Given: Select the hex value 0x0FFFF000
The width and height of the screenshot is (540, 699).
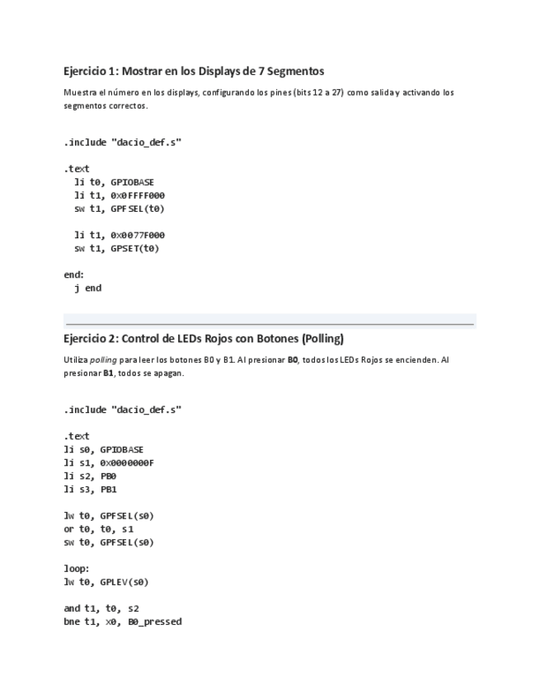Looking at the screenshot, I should point(138,195).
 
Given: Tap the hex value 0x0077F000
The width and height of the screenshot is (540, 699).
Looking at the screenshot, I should point(138,235).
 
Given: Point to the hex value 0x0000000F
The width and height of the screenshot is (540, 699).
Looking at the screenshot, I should point(127,462).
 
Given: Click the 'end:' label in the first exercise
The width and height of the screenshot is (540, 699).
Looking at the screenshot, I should point(73,275).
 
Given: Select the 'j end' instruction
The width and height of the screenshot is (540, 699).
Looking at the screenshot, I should point(87,289).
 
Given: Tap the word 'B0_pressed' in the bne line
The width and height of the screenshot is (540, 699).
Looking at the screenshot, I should point(154,622).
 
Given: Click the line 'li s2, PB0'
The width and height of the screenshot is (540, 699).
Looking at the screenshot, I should point(90,476).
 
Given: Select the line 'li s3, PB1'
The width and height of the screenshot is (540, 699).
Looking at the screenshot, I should point(90,489).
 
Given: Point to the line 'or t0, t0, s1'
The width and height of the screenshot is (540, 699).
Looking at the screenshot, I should point(98,529).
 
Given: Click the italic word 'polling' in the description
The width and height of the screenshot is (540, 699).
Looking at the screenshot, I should point(103,359).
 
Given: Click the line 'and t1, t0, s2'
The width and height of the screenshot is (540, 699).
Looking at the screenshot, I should point(95,608).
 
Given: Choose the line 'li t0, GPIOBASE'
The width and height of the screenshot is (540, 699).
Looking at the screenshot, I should point(114,182).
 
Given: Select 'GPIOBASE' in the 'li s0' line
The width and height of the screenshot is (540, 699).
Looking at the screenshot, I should point(121,449).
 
